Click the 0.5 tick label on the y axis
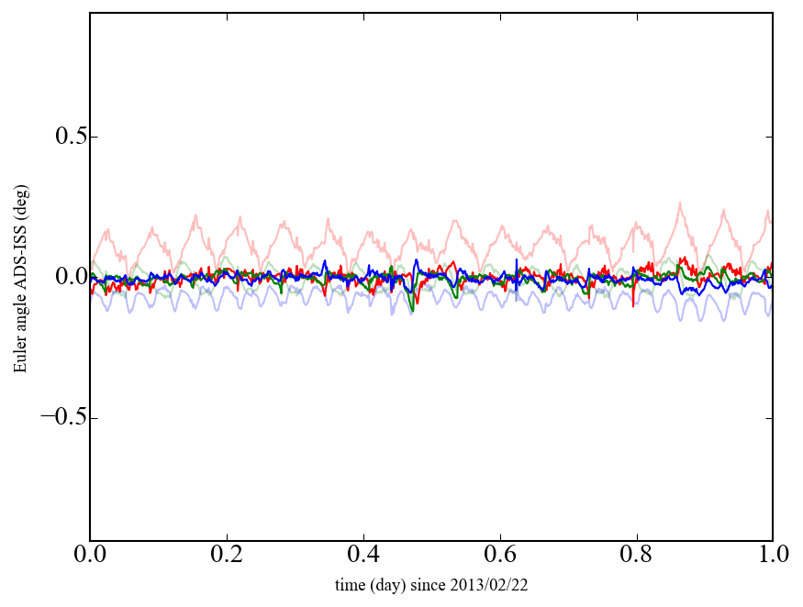click(65, 137)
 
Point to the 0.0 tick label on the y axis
click(65, 277)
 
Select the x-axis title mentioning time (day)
click(431, 585)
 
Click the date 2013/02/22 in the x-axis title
click(492, 585)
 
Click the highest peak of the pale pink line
click(680, 203)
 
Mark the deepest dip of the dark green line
click(412, 312)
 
